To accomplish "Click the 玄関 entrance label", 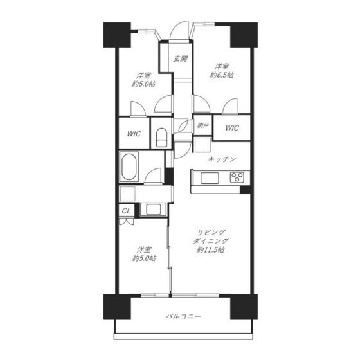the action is coord(180,59).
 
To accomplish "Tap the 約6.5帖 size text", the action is coord(222,75).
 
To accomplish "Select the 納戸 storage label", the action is coord(203,125).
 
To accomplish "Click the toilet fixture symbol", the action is coord(161,138).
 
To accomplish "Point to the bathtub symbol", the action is coord(129,166).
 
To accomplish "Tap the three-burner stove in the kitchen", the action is coord(237,177).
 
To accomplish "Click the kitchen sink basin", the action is coord(210,178).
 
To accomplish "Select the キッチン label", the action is coord(222,159).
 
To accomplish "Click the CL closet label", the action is coord(126,211).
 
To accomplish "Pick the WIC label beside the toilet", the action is coord(134,134).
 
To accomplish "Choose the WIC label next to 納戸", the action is coord(232,128).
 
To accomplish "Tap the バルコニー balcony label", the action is coord(183,316).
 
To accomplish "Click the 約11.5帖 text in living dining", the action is coord(211,250).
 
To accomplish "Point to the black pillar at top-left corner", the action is coord(117,35).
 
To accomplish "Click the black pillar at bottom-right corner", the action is coord(244,307).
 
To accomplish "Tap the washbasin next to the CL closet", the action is coord(154,210).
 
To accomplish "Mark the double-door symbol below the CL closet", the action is coord(126,221).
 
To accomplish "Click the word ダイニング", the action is coord(211,241).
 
